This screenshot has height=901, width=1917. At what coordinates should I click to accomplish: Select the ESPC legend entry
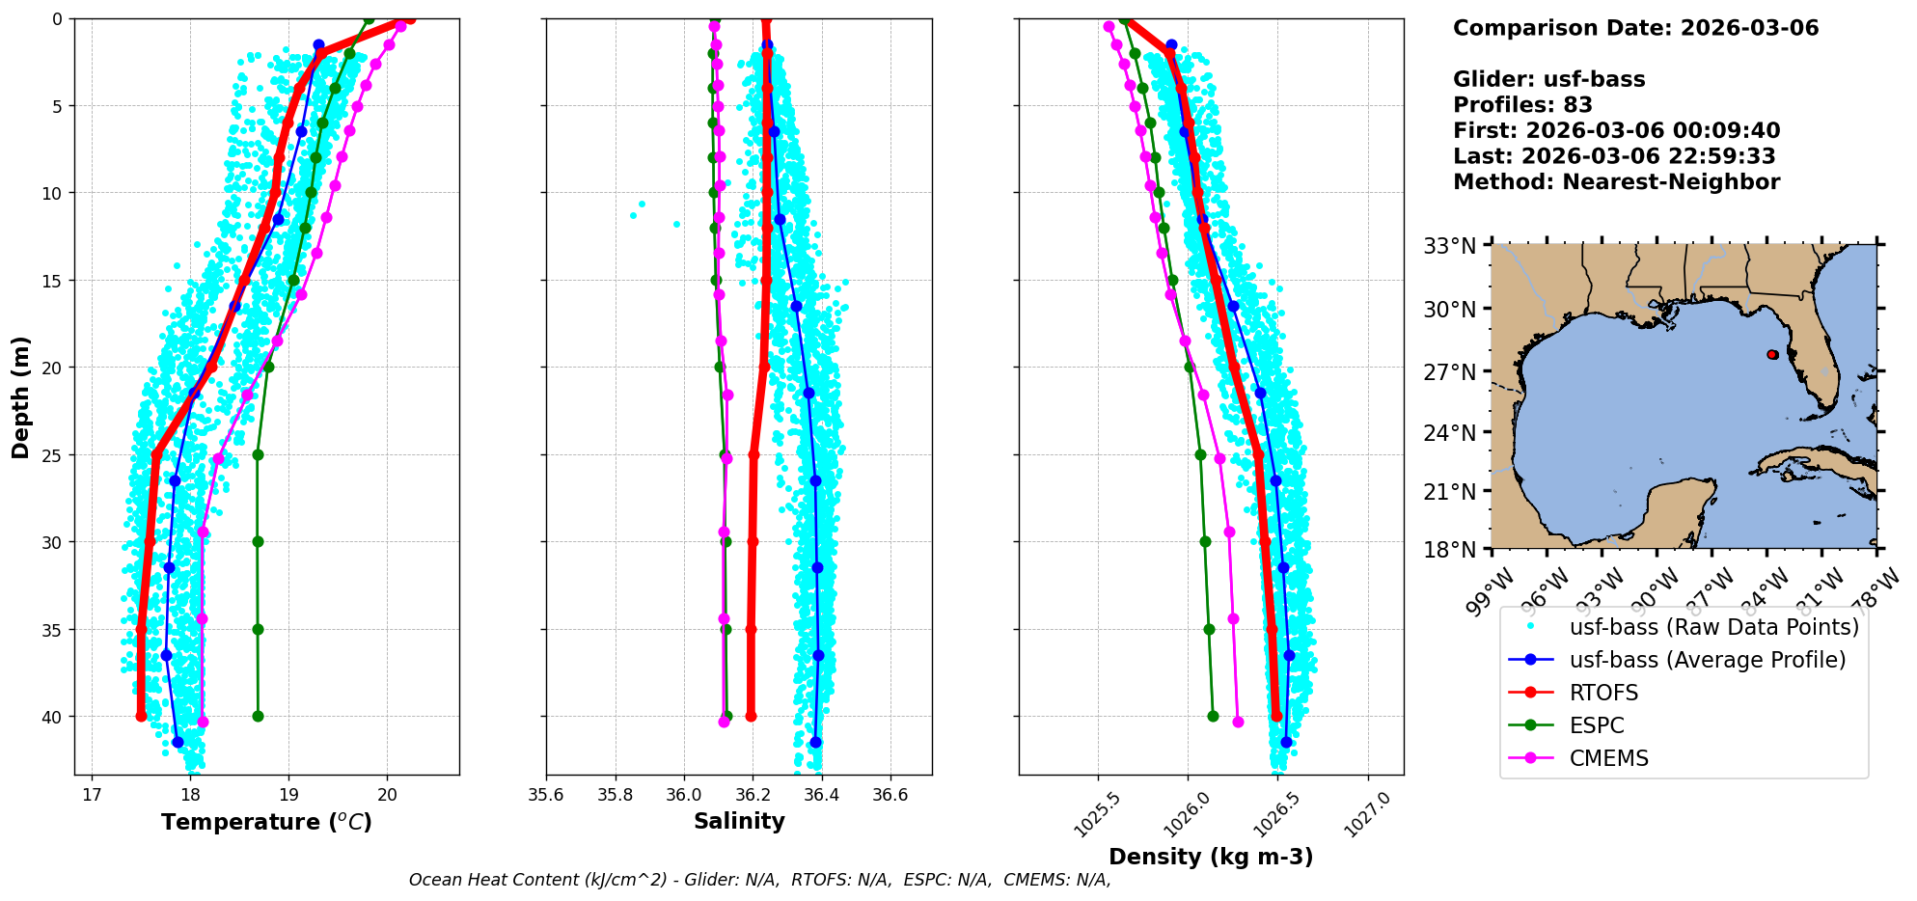[x=1597, y=725]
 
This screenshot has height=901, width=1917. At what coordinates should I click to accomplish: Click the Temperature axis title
[x=266, y=822]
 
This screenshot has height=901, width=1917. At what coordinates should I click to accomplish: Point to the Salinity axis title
[x=739, y=821]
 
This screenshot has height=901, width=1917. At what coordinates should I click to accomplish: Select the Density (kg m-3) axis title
[x=1211, y=857]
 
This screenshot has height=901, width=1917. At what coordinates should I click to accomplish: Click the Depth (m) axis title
[x=21, y=397]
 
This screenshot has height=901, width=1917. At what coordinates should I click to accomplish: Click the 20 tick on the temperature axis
[x=387, y=795]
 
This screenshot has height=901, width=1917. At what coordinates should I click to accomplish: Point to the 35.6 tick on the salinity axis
[x=546, y=795]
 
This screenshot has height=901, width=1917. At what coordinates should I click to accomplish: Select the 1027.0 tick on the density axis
[x=1367, y=812]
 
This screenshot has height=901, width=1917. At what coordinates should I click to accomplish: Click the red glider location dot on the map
[x=1772, y=355]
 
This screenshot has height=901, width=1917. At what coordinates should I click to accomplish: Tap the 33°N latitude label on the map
[x=1450, y=246]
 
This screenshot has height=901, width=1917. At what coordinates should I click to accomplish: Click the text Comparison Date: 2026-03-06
[x=1635, y=28]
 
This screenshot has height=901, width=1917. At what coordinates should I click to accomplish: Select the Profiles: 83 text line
[x=1522, y=105]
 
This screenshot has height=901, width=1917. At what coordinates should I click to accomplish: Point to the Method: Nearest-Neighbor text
[x=1616, y=182]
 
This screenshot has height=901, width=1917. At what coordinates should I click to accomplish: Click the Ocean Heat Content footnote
[x=759, y=880]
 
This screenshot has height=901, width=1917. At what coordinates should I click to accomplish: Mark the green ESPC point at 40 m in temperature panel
[x=258, y=716]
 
